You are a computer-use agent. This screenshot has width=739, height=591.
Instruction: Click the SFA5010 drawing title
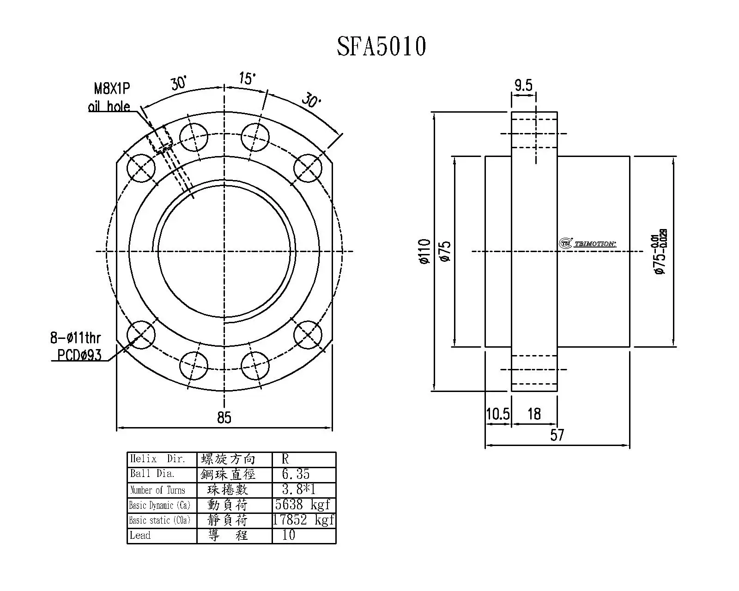pos(381,47)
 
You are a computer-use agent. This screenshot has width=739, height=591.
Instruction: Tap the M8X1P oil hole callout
pos(109,97)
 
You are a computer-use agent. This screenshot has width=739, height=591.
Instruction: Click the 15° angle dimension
pos(247,78)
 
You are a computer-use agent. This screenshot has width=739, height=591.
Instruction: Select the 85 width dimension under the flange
pos(224,417)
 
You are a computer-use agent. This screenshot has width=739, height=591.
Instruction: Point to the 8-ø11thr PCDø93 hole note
pos(76,346)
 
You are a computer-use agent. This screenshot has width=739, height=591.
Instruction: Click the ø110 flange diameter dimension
pos(424,252)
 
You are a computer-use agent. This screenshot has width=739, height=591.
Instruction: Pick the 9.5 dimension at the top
pos(523,85)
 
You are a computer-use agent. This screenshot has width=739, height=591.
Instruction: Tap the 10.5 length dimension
pos(497,414)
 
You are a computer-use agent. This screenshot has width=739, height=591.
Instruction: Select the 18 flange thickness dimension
pos(534,414)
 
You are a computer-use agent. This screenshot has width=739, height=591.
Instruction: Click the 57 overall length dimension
pos(557,435)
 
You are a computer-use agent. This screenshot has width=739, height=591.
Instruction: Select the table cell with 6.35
pos(296,474)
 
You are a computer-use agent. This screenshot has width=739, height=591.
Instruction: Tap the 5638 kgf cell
pos(303,505)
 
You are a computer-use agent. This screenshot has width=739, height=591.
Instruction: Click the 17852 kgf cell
pos(303,520)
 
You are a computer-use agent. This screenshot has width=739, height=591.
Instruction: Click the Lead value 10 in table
pos(289,535)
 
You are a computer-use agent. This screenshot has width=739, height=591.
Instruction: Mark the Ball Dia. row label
pos(152,474)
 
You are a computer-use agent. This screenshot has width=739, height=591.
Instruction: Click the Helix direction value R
pos(285,459)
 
